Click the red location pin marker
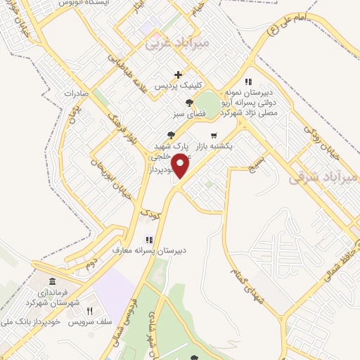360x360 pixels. [x=181, y=166]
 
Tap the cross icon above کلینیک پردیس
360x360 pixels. [x=179, y=75]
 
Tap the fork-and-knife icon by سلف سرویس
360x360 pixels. [x=89, y=310]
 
